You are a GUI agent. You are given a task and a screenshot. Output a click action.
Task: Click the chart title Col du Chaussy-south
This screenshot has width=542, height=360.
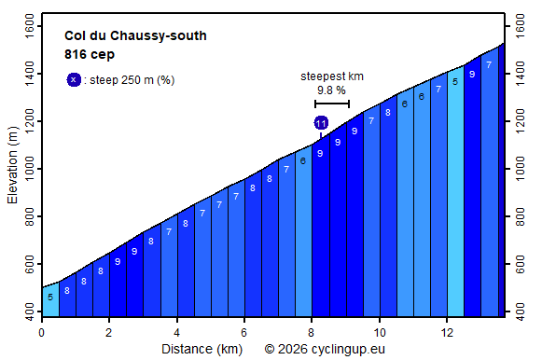point(135,36)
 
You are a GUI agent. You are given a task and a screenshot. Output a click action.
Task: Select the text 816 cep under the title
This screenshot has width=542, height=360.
point(90,54)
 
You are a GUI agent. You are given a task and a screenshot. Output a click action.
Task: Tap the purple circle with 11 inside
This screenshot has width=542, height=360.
point(321,123)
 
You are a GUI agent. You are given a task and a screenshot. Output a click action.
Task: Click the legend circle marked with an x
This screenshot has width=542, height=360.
point(74,80)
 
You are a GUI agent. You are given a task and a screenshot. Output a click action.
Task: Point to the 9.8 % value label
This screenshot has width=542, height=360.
point(332,90)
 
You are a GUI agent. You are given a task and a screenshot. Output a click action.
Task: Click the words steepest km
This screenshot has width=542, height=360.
point(332,76)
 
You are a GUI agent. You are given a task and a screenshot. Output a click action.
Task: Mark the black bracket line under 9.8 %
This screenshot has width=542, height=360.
point(332,104)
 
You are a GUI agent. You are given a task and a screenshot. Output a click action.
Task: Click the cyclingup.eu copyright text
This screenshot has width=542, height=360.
point(324,349)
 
